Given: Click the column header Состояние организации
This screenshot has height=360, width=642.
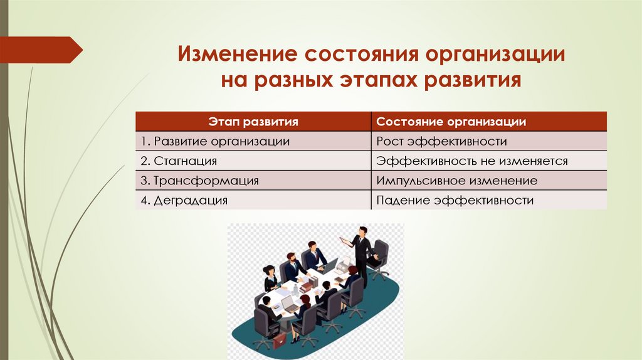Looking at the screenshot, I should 451,122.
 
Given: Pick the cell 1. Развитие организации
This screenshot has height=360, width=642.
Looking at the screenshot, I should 215,142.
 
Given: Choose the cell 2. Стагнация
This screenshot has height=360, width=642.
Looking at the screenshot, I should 179,161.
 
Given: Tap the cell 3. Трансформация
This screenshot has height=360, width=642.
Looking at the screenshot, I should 199,181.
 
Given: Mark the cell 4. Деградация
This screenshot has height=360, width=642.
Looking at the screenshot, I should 184,201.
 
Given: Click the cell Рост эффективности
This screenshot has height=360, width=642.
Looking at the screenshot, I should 441,142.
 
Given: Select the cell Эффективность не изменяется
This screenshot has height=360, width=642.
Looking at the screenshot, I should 472,161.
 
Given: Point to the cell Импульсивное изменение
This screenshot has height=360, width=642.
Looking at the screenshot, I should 457,181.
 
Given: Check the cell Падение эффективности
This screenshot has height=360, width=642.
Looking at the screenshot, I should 455,201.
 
